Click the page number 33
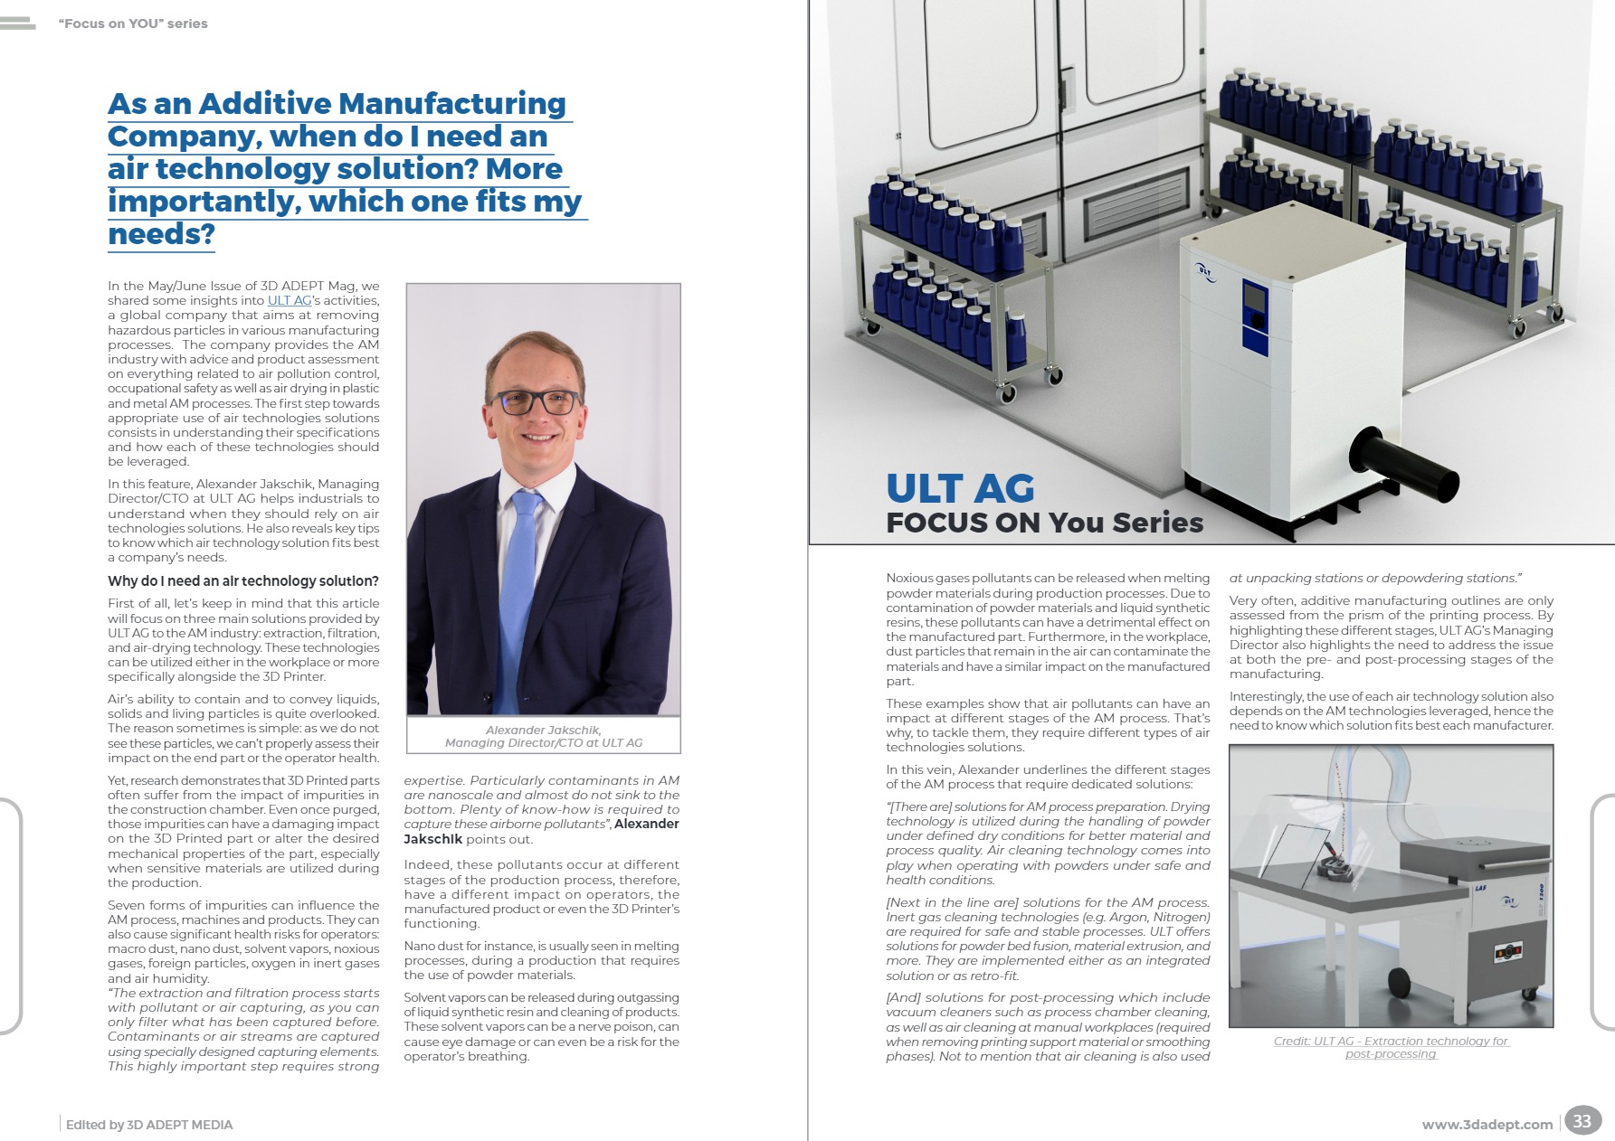click(x=1582, y=1121)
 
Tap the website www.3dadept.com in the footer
click(x=1487, y=1125)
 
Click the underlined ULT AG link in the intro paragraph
click(x=290, y=300)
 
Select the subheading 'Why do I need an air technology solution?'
click(x=242, y=580)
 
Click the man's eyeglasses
click(x=537, y=402)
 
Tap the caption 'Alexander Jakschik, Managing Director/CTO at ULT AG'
click(x=543, y=736)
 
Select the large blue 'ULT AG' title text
click(x=960, y=488)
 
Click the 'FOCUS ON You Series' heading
click(x=1044, y=523)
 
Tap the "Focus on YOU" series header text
click(x=133, y=24)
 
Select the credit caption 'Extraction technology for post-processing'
click(x=1391, y=1047)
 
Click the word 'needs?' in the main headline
click(x=161, y=234)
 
